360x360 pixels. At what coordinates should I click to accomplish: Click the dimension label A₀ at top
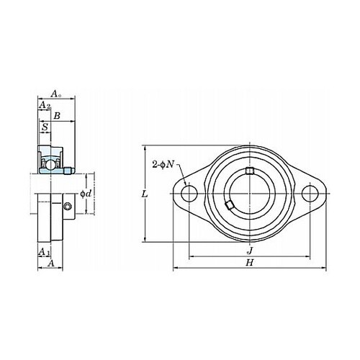coord(56,94)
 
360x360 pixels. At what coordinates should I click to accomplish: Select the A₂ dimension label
coord(45,105)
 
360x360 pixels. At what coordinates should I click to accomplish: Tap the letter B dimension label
coord(57,116)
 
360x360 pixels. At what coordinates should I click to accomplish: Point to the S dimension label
coord(45,127)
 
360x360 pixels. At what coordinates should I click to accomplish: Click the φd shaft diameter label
coord(86,194)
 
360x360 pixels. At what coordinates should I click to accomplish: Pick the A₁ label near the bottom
coord(44,252)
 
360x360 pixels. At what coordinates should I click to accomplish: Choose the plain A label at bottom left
coord(51,264)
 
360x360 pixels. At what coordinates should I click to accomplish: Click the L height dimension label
coord(145,194)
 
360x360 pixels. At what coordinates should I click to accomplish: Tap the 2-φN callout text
coord(163,165)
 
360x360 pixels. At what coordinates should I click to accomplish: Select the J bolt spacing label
coord(250,251)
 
